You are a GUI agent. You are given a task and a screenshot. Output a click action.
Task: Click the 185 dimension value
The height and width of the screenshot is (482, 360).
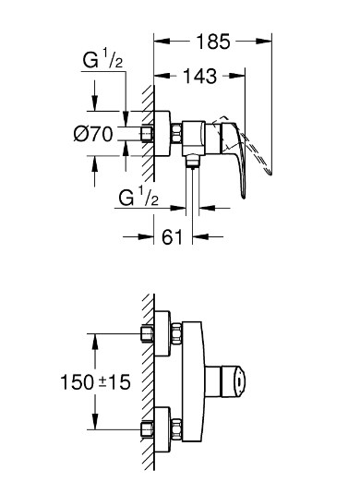coord(213,42)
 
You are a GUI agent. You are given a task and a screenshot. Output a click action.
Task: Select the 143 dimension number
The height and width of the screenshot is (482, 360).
coord(200,76)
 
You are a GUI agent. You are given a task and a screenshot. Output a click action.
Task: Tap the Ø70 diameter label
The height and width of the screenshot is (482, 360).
coord(93,134)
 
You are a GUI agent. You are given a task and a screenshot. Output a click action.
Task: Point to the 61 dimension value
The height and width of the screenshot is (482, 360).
coord(173,237)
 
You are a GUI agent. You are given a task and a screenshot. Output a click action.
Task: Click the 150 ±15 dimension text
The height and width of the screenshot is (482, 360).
coord(95,382)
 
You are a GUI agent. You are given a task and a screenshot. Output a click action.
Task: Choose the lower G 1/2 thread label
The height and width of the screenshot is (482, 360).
coord(138,196)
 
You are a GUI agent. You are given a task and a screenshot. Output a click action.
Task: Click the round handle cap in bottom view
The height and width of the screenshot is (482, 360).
coord(238,381)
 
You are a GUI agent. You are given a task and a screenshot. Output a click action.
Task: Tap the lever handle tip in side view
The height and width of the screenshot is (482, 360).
coord(243,196)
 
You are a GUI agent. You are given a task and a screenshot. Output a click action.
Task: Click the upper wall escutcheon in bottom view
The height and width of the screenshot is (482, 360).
coord(162,333)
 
